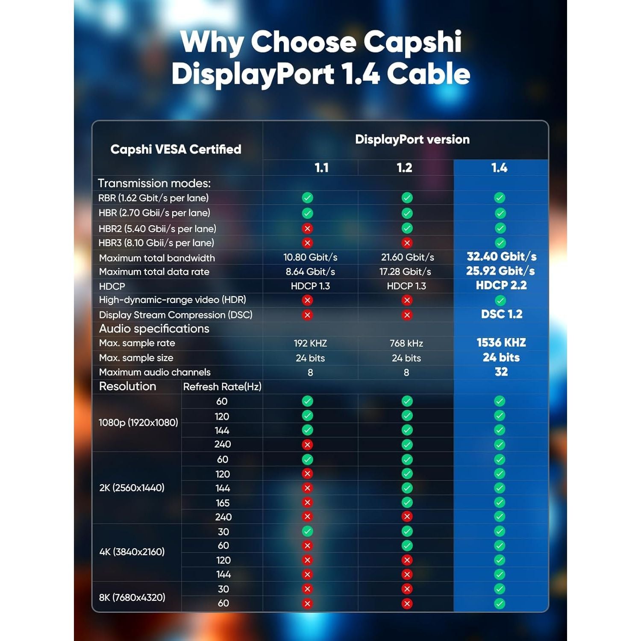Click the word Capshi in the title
pyautogui.click(x=412, y=42)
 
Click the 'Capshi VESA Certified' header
pyautogui.click(x=176, y=149)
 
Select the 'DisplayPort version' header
pyautogui.click(x=412, y=139)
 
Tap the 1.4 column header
pyautogui.click(x=499, y=168)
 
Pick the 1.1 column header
pyautogui.click(x=321, y=168)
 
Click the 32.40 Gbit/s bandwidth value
pyautogui.click(x=501, y=256)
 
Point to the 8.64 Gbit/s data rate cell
pyautogui.click(x=310, y=272)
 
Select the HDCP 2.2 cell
pyautogui.click(x=501, y=285)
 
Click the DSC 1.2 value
pyautogui.click(x=502, y=314)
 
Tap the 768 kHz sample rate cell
pyautogui.click(x=406, y=343)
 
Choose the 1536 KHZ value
pyautogui.click(x=501, y=343)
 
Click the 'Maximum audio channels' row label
pyautogui.click(x=155, y=372)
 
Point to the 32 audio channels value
pyautogui.click(x=501, y=372)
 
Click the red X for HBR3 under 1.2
pyautogui.click(x=407, y=243)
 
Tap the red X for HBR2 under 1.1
pyautogui.click(x=307, y=229)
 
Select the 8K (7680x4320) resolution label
pyautogui.click(x=132, y=597)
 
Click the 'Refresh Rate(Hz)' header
pyautogui.click(x=222, y=387)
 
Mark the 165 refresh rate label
pyautogui.click(x=223, y=503)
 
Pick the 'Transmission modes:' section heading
pyautogui.click(x=154, y=183)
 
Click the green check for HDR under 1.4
pyautogui.click(x=500, y=300)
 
